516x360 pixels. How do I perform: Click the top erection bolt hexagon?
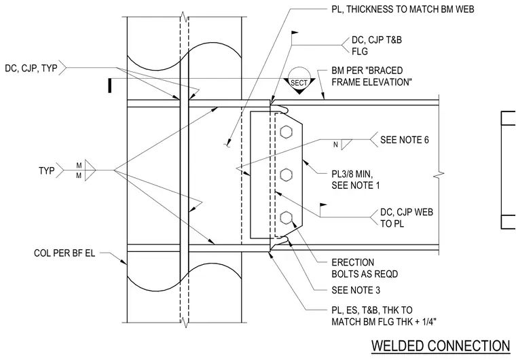(287, 132)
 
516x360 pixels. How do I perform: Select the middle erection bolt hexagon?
(287, 175)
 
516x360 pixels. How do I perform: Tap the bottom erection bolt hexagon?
(287, 218)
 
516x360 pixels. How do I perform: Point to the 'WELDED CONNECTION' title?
(441, 346)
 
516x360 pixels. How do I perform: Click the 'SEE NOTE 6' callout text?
(405, 140)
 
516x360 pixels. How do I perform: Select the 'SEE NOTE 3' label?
(356, 290)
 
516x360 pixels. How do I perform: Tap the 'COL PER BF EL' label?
(64, 253)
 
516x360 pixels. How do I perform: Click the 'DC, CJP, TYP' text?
(31, 68)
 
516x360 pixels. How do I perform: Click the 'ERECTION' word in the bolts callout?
(353, 262)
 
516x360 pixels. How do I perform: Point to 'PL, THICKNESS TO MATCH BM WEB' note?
(403, 10)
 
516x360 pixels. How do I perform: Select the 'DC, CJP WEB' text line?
(407, 212)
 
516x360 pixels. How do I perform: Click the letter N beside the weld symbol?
(335, 145)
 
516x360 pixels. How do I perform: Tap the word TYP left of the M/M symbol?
(47, 170)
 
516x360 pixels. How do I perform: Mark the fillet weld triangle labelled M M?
(89, 170)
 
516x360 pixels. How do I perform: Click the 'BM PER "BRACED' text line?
(367, 71)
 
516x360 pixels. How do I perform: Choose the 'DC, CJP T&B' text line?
(376, 40)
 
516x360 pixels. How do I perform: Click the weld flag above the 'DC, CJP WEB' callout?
(323, 205)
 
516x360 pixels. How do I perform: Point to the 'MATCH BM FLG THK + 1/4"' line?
(384, 321)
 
